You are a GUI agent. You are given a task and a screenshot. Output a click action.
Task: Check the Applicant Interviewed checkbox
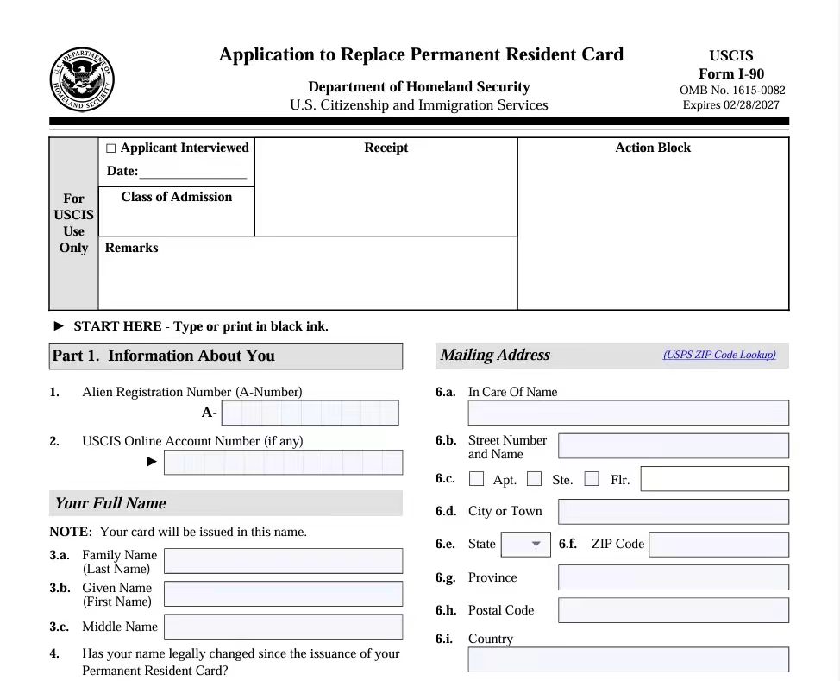[x=110, y=148]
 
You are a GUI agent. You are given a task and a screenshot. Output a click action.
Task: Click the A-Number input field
[x=310, y=413]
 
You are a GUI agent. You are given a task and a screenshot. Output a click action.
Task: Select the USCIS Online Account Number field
[x=283, y=462]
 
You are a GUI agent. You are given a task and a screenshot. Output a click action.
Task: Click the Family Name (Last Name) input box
[x=283, y=561]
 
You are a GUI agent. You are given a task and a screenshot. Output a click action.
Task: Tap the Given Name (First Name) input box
[x=283, y=594]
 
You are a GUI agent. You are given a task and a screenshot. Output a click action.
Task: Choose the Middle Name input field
[x=283, y=627]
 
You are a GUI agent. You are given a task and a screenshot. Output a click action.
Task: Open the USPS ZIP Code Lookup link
[x=719, y=355]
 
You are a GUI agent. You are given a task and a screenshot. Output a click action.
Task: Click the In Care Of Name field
[x=628, y=413]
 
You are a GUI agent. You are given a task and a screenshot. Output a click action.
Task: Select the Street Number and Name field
[x=673, y=445]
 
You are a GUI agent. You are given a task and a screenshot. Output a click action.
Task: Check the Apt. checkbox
[x=476, y=478]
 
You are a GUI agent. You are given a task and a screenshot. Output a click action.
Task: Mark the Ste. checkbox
[x=535, y=478]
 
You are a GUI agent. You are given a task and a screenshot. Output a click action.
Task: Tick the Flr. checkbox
[x=592, y=478]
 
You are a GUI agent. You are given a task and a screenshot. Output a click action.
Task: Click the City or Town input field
[x=673, y=511]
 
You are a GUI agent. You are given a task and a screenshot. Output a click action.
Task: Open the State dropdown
[x=525, y=544]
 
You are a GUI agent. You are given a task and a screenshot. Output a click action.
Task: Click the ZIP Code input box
[x=718, y=544]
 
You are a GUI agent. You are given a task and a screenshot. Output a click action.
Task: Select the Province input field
[x=673, y=577]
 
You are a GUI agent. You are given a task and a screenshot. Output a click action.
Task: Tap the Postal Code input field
[x=673, y=609]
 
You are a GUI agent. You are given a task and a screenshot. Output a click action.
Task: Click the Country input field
[x=628, y=659]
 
